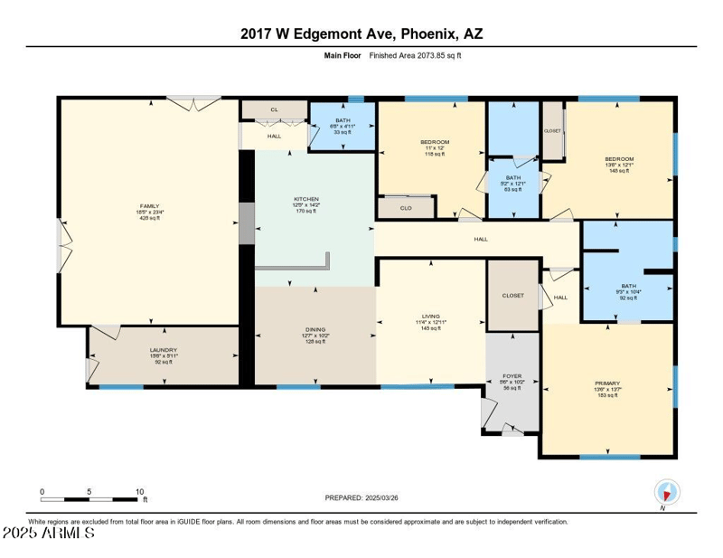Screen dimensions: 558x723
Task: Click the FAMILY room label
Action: coord(148,205)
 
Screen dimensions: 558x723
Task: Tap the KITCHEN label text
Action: coord(305,199)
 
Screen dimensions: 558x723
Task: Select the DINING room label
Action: coord(315,330)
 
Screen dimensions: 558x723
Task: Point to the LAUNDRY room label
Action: coord(164,350)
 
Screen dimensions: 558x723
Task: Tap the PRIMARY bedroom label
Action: coord(607,383)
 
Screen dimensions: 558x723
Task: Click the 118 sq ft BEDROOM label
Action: coord(435,142)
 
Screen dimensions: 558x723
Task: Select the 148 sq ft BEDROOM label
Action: coord(619,159)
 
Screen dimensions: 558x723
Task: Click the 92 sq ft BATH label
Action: coord(628,286)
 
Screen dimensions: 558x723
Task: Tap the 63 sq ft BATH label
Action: coord(513,177)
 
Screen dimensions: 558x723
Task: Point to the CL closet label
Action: coord(275,109)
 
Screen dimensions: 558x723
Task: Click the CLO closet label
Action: coord(406,208)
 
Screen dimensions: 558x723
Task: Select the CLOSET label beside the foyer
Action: coord(512,296)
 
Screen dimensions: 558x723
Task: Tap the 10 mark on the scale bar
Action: coord(139,492)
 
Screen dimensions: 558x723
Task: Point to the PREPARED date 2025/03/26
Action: coord(361,497)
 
